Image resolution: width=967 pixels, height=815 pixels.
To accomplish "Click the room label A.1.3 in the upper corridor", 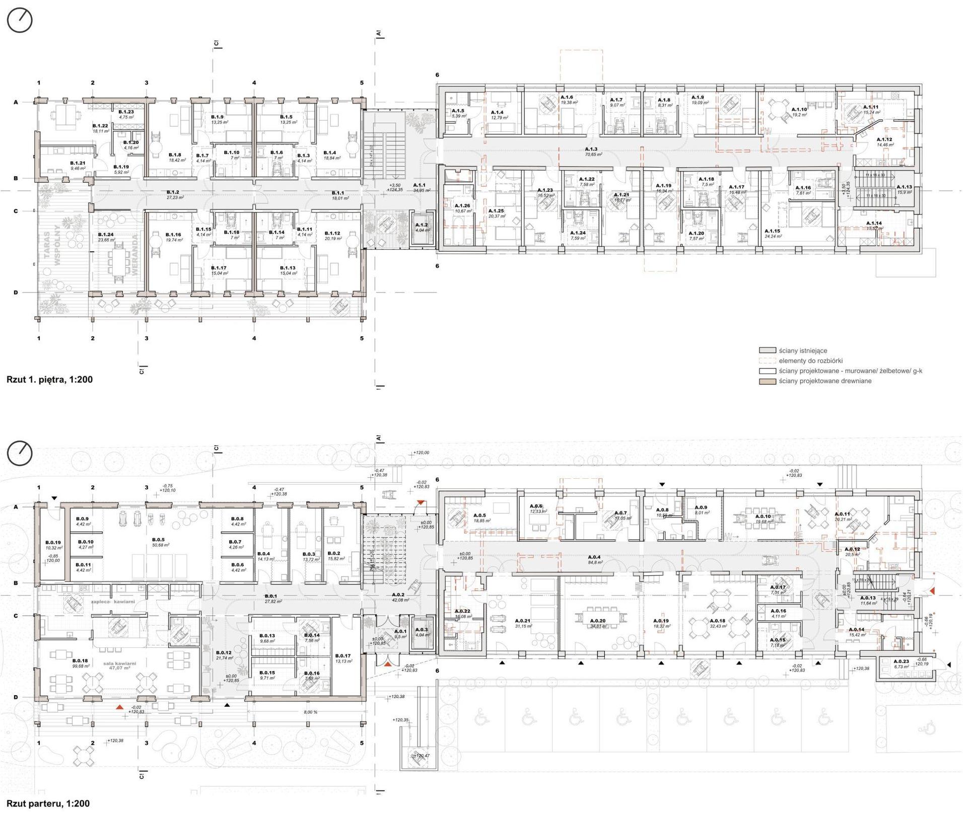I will (x=591, y=149).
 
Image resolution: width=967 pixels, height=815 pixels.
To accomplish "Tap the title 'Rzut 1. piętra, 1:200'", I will (x=49, y=380).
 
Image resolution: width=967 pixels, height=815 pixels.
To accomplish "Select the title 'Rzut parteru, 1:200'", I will (x=48, y=804).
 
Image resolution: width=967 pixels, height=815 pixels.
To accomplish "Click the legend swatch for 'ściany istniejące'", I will (x=767, y=350).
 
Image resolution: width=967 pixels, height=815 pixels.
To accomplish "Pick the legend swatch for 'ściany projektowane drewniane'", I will (x=767, y=381).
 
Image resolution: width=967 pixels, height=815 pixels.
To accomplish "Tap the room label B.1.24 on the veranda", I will (x=106, y=235).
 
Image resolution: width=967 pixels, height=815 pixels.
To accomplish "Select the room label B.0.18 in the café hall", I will (x=80, y=660).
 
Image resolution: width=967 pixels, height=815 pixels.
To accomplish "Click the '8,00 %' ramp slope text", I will (x=311, y=712).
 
